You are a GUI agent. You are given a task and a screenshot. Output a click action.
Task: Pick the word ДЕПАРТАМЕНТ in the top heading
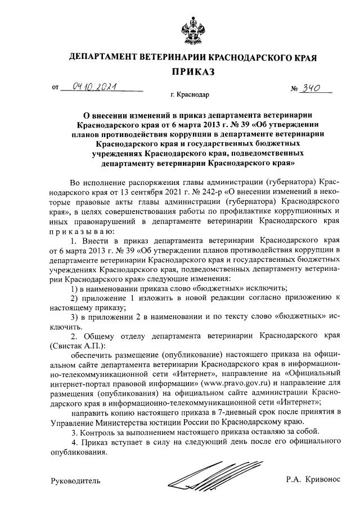(106, 57)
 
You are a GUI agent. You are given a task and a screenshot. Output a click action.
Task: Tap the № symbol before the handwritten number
(294, 89)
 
